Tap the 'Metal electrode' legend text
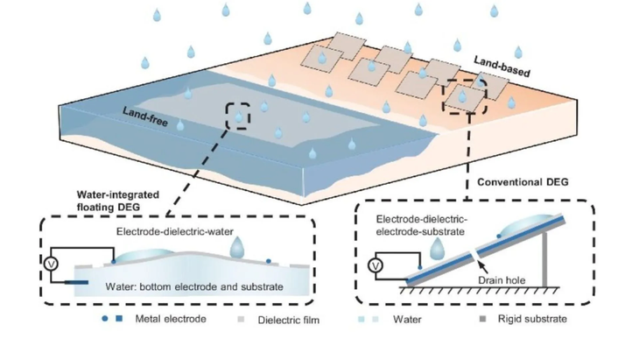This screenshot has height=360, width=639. [172, 318]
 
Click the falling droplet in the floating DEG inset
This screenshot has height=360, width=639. [237, 248]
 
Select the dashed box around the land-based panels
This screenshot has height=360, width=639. [463, 95]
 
